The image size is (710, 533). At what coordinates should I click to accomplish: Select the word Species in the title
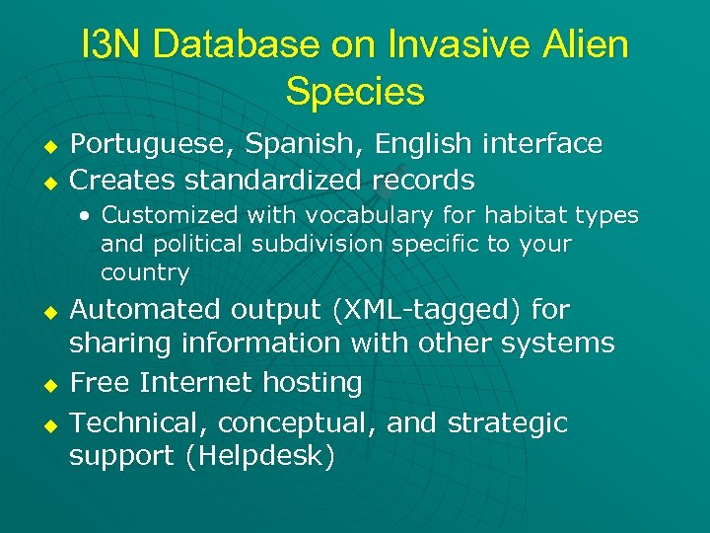pyautogui.click(x=355, y=92)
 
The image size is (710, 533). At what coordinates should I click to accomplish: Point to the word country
pyautogui.click(x=145, y=273)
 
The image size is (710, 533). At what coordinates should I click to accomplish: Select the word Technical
pyautogui.click(x=139, y=423)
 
